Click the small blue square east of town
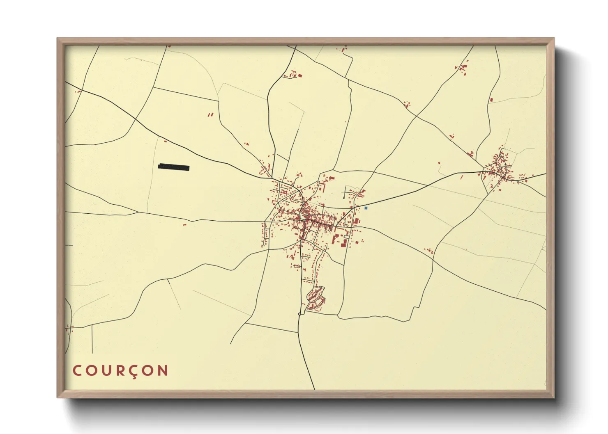click(x=366, y=208)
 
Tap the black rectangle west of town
click(x=174, y=167)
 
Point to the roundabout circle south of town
click(x=299, y=314)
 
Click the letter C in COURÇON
click(x=77, y=371)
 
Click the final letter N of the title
click(x=163, y=371)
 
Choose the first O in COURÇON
click(x=92, y=371)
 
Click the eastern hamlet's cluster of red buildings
click(x=499, y=168)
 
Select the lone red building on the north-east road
click(x=491, y=100)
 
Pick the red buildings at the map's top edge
click(x=343, y=49)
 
